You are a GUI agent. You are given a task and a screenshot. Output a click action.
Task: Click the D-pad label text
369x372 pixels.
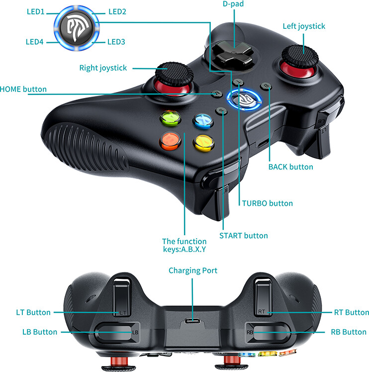(x=233, y=4)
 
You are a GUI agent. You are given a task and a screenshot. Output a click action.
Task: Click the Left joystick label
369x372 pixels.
(x=304, y=26)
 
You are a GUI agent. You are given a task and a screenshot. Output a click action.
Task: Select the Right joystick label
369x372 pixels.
(x=103, y=68)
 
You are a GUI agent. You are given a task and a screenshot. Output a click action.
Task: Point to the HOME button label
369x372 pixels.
(x=23, y=90)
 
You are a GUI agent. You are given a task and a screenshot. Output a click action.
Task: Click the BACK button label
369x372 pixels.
(x=290, y=167)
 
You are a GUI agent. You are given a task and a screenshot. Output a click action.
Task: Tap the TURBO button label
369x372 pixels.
(x=267, y=203)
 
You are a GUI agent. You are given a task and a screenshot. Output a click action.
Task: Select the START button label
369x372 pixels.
(x=243, y=236)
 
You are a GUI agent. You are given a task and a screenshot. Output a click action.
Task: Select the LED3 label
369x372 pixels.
(x=116, y=42)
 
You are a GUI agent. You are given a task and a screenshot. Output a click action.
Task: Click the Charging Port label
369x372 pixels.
(x=192, y=271)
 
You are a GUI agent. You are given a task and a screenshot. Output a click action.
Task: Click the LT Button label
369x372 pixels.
(x=33, y=312)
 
